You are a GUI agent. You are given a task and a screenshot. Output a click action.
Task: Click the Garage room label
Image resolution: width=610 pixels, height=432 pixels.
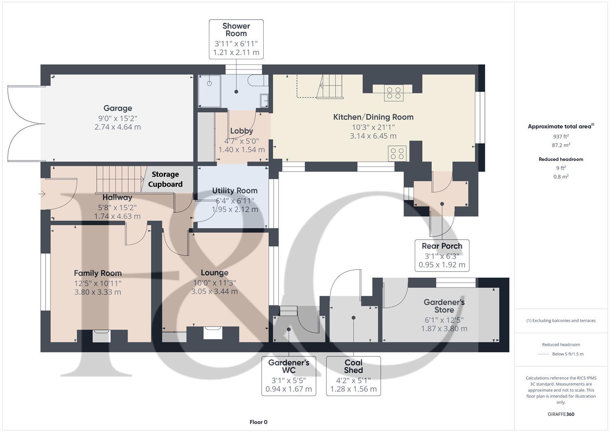(x=117, y=108)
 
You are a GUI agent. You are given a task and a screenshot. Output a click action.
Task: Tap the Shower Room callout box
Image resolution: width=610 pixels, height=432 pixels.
(x=236, y=39)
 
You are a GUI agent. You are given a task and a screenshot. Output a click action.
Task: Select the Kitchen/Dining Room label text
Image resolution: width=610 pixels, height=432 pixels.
(x=373, y=117)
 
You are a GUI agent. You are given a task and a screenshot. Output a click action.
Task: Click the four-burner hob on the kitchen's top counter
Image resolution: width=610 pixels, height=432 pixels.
(x=393, y=93)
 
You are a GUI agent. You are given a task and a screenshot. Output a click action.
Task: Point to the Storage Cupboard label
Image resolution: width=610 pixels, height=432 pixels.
(x=165, y=179)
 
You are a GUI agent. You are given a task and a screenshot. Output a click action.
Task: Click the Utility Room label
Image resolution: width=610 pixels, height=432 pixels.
(x=234, y=191)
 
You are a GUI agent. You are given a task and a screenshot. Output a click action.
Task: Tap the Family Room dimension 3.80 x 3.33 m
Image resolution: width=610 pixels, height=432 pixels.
(x=97, y=292)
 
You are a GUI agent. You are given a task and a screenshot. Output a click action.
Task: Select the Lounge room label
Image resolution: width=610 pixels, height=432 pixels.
(x=215, y=273)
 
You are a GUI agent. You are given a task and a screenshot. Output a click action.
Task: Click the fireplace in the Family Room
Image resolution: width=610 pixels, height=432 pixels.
(x=101, y=336)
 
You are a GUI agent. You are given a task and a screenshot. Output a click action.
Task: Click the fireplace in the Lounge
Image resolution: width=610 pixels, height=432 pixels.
(x=213, y=333)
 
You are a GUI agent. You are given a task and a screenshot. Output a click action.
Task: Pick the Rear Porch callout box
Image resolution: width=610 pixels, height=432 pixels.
(x=442, y=255)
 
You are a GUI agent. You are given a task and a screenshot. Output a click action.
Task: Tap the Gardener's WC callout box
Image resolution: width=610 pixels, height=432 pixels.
(x=288, y=376)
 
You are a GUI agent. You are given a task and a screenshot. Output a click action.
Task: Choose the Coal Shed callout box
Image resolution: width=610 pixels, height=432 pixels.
(x=353, y=376)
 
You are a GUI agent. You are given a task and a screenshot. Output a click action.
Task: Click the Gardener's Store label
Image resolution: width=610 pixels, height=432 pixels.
(x=444, y=306)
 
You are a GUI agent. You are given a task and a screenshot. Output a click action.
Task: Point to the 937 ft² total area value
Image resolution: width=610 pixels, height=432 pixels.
(x=561, y=136)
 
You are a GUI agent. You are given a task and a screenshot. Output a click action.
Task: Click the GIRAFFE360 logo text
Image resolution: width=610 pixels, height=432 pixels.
(x=561, y=414)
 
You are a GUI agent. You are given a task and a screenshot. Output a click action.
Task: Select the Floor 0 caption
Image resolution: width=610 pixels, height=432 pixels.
(x=258, y=422)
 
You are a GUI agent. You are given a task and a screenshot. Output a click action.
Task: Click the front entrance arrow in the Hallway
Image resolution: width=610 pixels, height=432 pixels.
(x=42, y=194)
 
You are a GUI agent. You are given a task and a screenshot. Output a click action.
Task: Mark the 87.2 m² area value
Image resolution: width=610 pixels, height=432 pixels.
(x=561, y=145)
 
